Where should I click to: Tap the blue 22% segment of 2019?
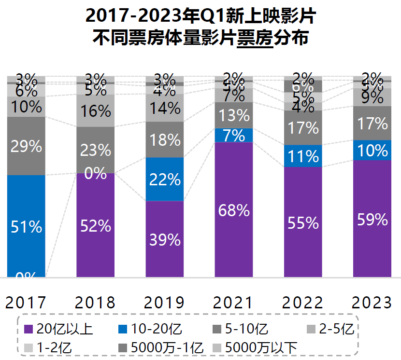[x=165, y=179]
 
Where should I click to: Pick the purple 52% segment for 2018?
[x=96, y=225]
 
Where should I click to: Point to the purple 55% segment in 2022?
[x=303, y=222]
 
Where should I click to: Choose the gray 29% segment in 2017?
[x=26, y=146]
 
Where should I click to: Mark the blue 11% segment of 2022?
[x=303, y=156]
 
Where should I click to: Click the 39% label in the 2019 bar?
[x=165, y=239]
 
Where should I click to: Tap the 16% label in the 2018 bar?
[x=96, y=111]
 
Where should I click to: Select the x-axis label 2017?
[x=26, y=303]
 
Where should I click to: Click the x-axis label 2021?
[x=234, y=303]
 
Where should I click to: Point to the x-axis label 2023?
[x=372, y=303]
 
